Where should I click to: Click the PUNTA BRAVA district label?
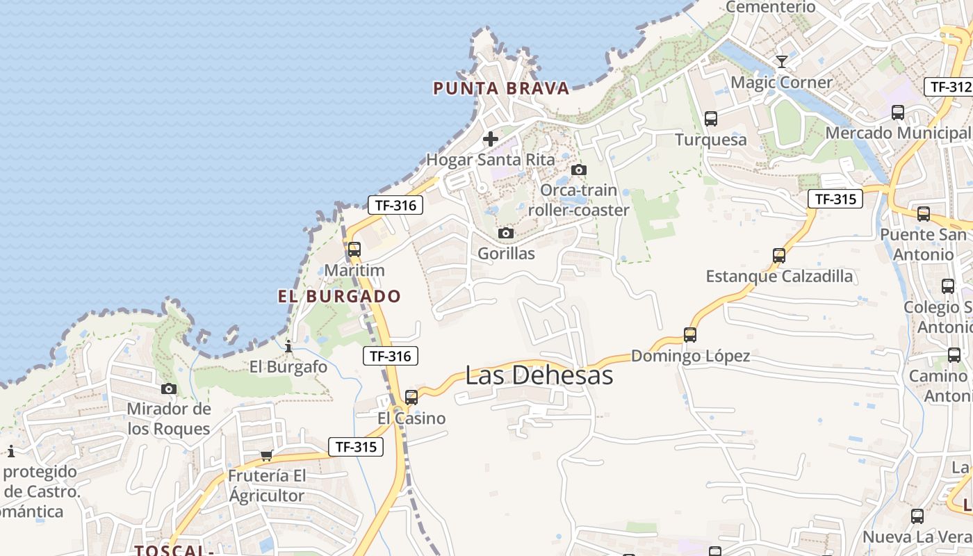coord(501,88)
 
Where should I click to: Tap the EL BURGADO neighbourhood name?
coord(339,296)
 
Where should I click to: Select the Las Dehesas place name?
coord(539,375)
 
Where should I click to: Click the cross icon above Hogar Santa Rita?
coord(491,139)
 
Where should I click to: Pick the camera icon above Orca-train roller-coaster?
coord(578,170)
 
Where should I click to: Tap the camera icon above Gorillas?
coord(506,233)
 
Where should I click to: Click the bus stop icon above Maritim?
coord(354,250)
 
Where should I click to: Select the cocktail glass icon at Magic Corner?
coord(781,62)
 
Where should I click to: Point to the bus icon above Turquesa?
coord(710,119)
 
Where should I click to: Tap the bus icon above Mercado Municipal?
coord(897,113)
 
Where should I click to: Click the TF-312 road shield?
coord(948,87)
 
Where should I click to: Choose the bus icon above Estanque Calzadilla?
coord(778,256)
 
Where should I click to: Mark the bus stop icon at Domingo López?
coord(690,335)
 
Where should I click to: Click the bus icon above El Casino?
coord(411,398)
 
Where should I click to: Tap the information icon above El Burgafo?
coord(288,345)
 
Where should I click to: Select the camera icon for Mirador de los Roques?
coord(168,389)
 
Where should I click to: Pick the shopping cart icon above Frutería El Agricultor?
coord(266,456)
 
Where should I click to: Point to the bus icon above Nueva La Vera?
coord(917,516)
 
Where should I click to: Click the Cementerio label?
coord(770,7)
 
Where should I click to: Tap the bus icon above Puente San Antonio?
coord(923,214)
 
